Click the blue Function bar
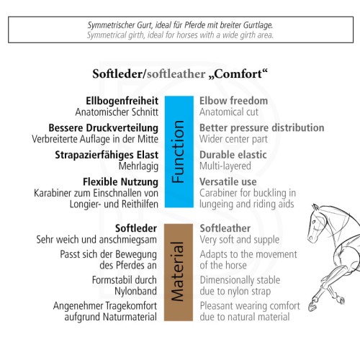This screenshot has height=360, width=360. pos(179,152)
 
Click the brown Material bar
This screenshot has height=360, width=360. pos(179,272)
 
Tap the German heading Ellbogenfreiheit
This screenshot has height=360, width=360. pos(122,101)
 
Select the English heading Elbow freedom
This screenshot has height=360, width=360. pos(233,101)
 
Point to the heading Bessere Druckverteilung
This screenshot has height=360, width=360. pos(104,128)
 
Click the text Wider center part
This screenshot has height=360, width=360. pos(233,139)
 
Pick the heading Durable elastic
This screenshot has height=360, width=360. pos(233,155)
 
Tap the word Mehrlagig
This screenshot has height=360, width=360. pos(138,166)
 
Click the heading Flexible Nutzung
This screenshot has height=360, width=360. pos(120,182)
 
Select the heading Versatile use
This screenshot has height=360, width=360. pos(228,182)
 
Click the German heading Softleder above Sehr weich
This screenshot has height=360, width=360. pos(136,228)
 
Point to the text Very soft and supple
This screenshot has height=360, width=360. pos(240,240)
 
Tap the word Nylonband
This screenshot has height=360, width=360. pos(135,291)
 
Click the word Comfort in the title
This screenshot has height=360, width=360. pos(238,73)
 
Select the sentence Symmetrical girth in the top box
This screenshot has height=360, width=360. pos(180,35)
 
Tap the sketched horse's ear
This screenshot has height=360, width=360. pos(315,208)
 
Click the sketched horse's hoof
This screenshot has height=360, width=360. pos(312,307)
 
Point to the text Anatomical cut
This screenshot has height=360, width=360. pos(229,112)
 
